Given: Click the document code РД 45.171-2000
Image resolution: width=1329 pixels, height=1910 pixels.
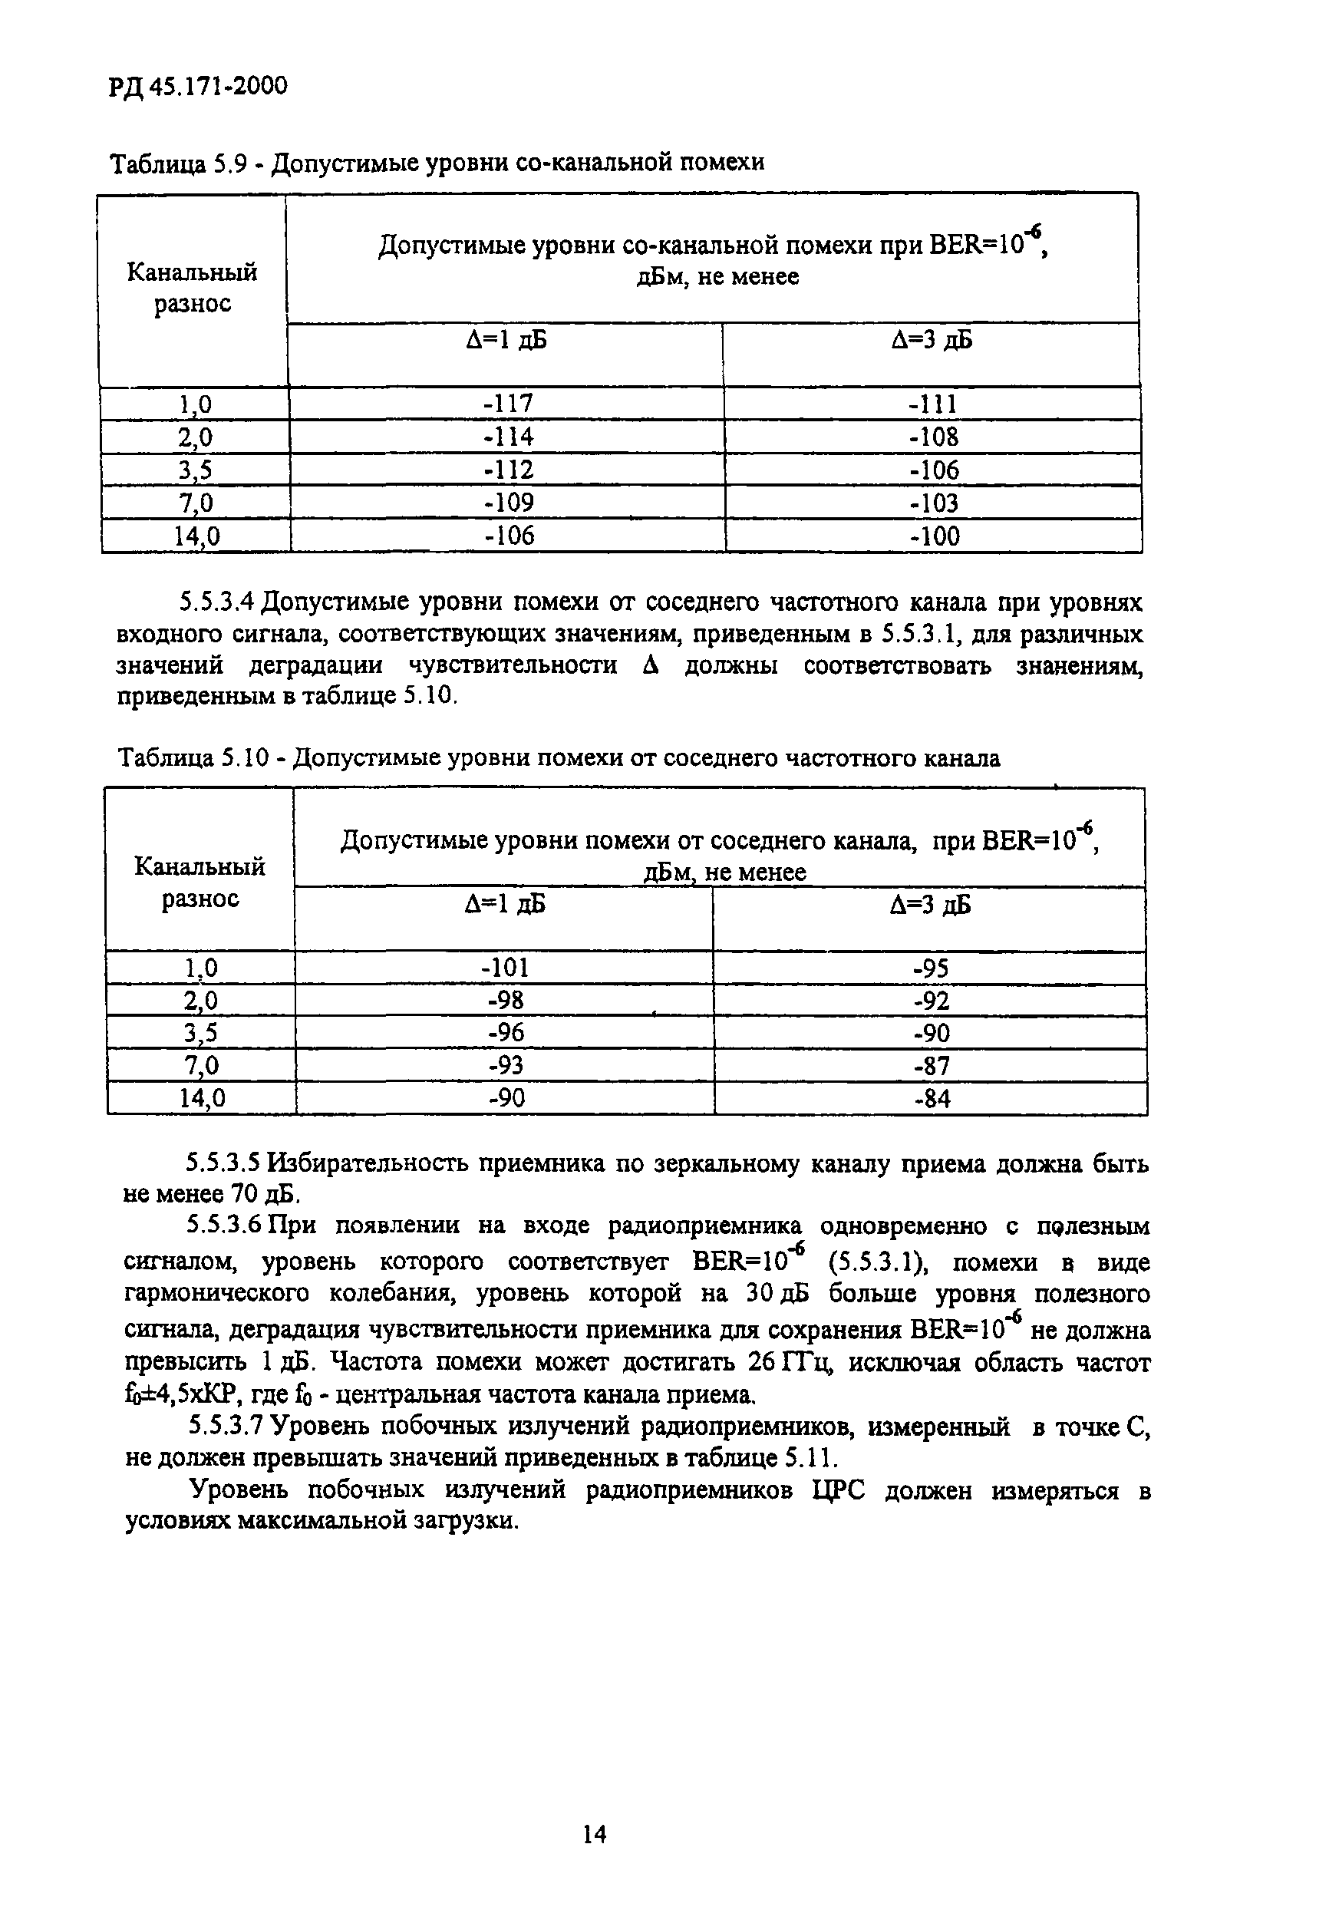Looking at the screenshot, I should click(x=198, y=86).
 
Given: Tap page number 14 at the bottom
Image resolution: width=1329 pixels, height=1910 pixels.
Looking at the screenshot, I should click(x=594, y=1834).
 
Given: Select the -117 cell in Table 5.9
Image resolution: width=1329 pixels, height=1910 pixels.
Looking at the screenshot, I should click(x=507, y=404).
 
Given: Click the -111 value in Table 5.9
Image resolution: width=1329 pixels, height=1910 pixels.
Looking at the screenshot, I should click(x=932, y=404).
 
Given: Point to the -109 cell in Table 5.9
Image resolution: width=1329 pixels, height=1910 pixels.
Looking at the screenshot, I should click(x=508, y=503).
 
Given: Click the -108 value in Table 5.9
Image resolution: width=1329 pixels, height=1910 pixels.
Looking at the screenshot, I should click(x=933, y=437).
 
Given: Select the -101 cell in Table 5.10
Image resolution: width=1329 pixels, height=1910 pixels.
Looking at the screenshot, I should click(x=505, y=968).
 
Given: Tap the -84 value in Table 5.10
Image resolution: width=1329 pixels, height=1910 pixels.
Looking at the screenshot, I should click(x=932, y=1100).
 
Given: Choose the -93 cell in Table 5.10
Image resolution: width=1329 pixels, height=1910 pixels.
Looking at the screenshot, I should click(x=506, y=1067).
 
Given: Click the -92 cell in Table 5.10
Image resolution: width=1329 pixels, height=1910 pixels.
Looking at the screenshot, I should click(x=932, y=1001).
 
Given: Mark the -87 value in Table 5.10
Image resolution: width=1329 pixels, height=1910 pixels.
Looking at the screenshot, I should click(x=932, y=1067).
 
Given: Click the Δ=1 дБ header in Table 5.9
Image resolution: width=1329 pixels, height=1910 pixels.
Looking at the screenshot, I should click(x=506, y=340).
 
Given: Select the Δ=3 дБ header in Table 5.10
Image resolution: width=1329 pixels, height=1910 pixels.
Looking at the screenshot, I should click(x=930, y=905).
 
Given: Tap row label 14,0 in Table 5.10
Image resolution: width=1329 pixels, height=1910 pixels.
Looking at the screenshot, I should click(x=201, y=1100).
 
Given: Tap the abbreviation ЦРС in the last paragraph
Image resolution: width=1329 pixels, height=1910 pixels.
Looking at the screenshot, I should click(x=837, y=1491).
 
